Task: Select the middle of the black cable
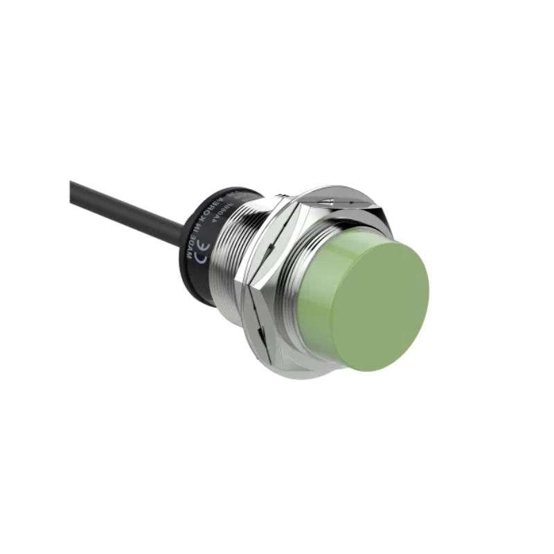[x=128, y=206]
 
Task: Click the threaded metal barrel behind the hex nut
[x=229, y=270]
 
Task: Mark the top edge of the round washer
[x=339, y=188]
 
